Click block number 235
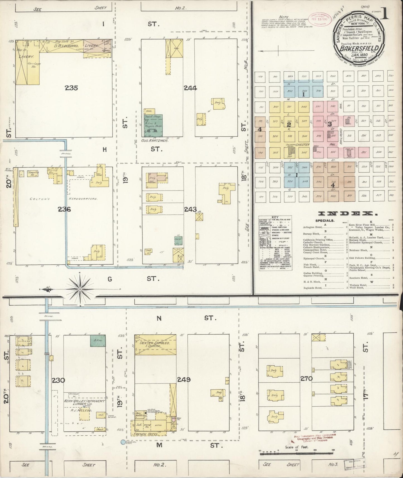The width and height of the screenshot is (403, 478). (x=71, y=88)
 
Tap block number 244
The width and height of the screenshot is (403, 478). (x=190, y=88)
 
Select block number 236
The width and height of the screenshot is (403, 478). (x=64, y=209)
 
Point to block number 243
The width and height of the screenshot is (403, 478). (x=190, y=209)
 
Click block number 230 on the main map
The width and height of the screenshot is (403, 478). (x=59, y=380)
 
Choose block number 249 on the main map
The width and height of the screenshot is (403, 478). (x=184, y=379)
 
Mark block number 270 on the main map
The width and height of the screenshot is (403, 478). (x=306, y=379)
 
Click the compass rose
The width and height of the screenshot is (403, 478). (x=80, y=290)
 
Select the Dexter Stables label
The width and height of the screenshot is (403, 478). (x=154, y=343)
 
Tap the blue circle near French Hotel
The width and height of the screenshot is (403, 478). (x=123, y=442)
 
